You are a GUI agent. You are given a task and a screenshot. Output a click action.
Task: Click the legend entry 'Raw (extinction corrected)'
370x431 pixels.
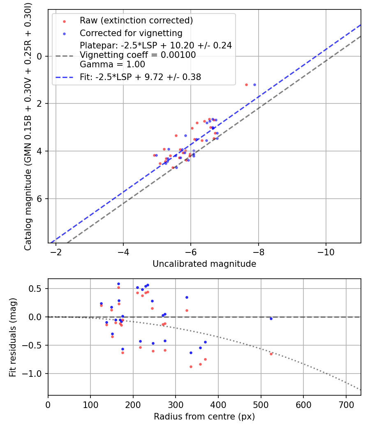point(136,21)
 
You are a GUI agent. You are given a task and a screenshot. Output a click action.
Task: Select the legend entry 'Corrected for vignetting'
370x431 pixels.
point(131,33)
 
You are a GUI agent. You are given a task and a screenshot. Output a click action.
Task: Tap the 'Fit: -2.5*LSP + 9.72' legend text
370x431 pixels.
point(140,77)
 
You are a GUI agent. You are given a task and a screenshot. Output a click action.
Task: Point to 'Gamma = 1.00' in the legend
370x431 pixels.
point(112,64)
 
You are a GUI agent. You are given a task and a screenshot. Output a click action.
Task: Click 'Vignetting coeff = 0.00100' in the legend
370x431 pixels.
point(138,55)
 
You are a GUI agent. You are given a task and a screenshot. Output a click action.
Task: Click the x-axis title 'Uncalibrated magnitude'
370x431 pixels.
point(204,264)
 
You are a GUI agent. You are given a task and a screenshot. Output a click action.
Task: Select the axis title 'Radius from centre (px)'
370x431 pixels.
point(204,417)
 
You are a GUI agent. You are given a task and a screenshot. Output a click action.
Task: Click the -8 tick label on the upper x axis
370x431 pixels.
point(258,251)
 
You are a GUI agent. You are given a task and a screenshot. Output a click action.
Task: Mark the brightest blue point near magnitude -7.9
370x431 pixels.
point(254,85)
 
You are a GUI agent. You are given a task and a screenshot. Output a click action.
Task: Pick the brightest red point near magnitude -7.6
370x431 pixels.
point(246,85)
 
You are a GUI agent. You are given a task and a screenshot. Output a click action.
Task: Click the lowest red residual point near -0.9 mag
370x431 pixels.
point(191,367)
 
